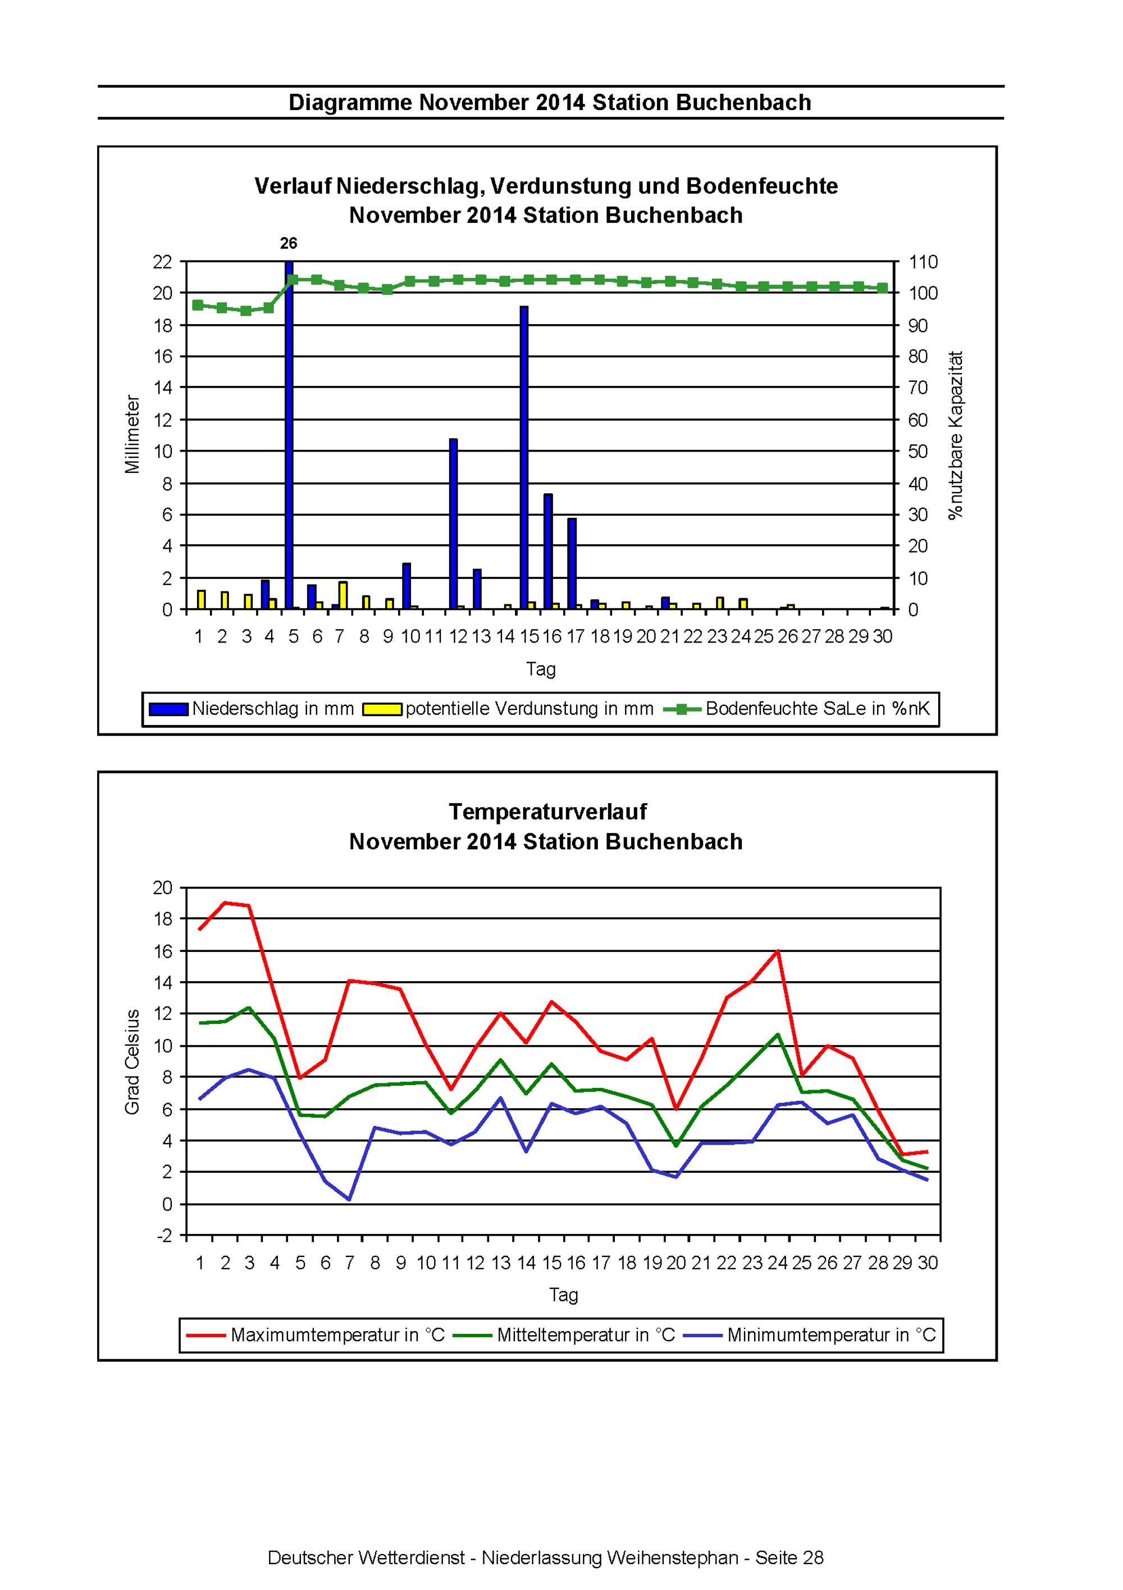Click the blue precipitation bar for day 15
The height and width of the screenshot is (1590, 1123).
[x=524, y=458]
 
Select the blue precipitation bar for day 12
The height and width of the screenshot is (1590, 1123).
[x=454, y=524]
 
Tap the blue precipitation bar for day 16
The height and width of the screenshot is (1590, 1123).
[x=547, y=552]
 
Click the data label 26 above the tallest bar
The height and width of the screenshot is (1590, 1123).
[x=289, y=243]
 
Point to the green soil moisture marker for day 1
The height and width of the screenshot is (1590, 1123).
[x=198, y=305]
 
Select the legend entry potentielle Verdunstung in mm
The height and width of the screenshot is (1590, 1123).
[x=509, y=709]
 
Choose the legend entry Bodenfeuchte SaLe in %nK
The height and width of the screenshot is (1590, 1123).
[x=797, y=709]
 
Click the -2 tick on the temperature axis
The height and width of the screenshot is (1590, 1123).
[x=164, y=1236]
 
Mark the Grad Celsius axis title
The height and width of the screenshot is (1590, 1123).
[x=133, y=1061]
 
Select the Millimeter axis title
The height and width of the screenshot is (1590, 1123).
[x=133, y=434]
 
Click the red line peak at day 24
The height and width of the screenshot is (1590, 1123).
[x=778, y=951]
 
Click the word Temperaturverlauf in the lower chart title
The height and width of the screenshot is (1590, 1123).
[x=547, y=812]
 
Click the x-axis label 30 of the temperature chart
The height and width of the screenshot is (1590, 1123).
[x=928, y=1263]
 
